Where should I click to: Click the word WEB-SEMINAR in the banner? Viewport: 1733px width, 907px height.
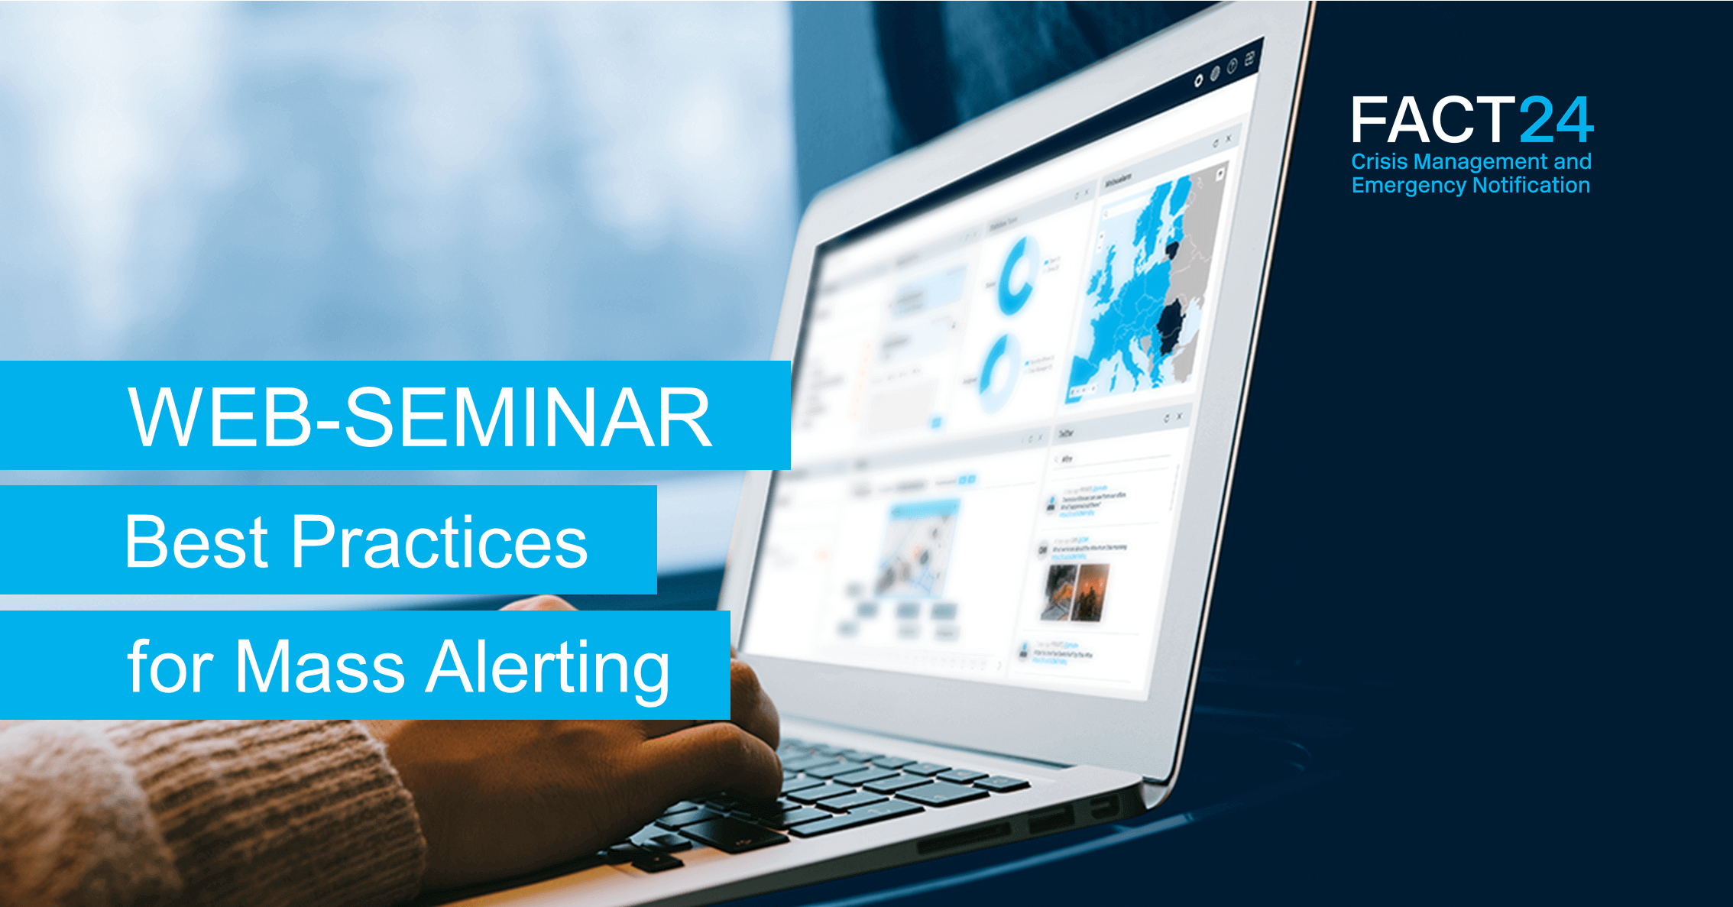[420, 417]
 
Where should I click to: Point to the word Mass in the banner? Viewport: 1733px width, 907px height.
[319, 666]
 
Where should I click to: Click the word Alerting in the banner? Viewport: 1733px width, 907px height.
[548, 668]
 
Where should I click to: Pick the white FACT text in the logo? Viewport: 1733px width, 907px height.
[1432, 120]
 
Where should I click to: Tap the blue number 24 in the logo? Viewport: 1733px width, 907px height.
[1556, 120]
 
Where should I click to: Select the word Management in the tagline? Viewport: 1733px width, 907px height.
[1480, 162]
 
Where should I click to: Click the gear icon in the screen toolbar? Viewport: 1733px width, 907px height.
[1198, 80]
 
